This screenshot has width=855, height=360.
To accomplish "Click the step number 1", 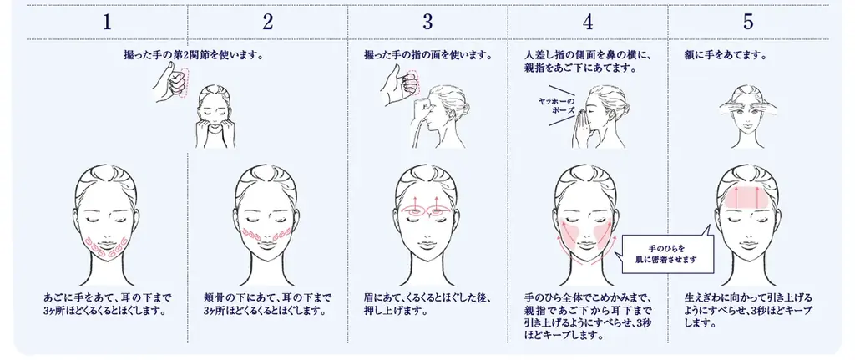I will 106,23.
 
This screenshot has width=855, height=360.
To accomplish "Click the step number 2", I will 267,23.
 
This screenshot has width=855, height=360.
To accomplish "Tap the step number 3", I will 427,23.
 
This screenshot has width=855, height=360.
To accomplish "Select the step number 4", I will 588,23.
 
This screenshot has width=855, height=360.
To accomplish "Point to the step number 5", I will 749,23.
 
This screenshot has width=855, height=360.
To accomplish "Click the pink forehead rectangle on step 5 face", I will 749,198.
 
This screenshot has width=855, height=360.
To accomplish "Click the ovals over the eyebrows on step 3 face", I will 427,211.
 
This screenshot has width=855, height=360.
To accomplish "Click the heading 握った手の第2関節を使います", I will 192,56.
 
